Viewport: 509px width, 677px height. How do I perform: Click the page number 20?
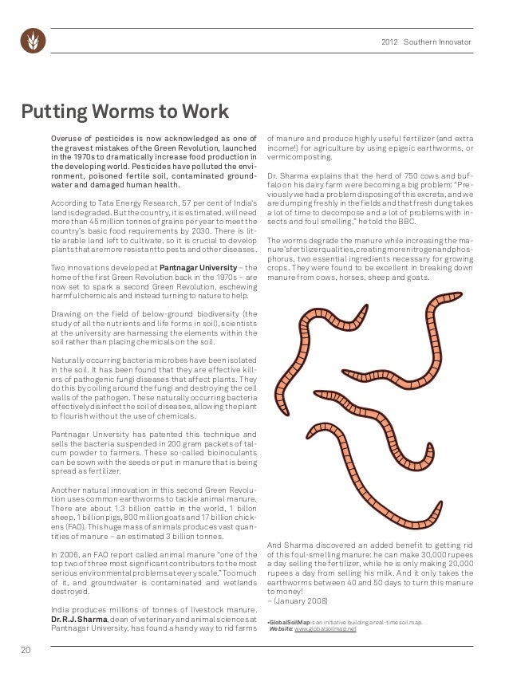pyautogui.click(x=26, y=651)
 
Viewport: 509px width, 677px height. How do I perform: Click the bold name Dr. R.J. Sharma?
pyautogui.click(x=79, y=620)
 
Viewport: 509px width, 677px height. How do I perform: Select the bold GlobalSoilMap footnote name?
pyautogui.click(x=290, y=621)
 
